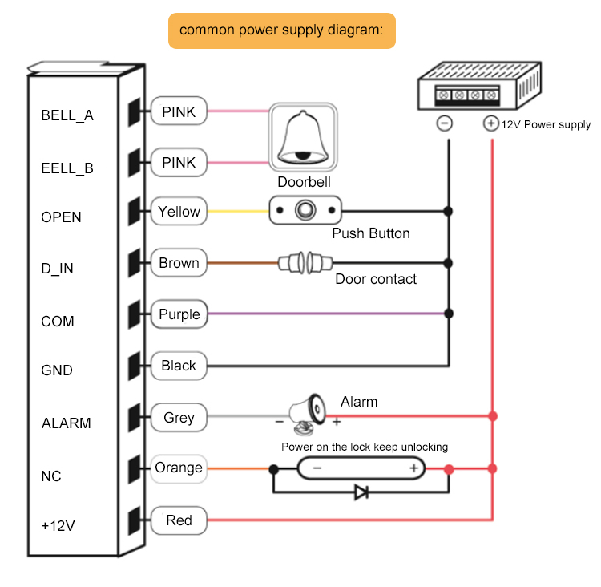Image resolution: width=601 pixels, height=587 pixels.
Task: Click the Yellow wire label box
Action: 179,212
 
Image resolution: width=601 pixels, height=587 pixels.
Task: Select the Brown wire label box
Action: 179,263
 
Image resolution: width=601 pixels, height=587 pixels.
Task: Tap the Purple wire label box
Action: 179,314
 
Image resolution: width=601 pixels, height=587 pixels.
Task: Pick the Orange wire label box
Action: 179,468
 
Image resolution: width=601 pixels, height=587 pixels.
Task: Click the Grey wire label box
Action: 179,418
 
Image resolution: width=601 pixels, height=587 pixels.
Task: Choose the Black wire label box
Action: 179,366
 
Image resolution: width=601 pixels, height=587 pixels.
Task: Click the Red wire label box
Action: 179,520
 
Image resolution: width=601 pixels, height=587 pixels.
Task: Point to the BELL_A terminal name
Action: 67,115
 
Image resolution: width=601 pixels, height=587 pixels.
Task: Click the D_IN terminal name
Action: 57,269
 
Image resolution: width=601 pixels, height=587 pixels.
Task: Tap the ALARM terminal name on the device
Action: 66,423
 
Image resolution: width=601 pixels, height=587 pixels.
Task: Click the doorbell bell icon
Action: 303,137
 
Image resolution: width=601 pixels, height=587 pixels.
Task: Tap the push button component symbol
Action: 305,212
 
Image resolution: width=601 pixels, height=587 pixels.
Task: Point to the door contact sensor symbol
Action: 305,262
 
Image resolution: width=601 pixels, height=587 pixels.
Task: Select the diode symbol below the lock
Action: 361,492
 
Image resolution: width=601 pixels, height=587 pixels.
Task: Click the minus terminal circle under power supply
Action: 445,123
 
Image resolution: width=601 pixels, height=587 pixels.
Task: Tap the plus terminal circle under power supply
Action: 490,123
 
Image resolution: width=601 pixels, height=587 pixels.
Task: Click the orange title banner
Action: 281,30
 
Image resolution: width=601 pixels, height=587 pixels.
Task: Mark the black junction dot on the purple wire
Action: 449,314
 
